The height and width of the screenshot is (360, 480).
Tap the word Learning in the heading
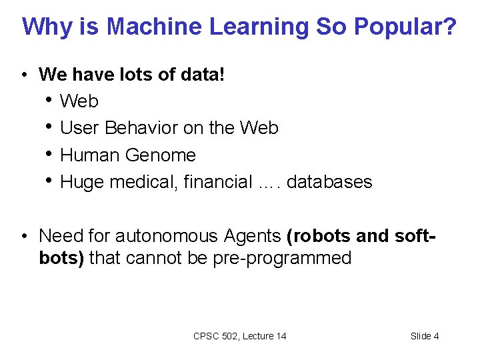tap(259, 27)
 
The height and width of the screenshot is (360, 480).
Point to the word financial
tap(217, 182)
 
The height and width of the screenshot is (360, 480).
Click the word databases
tap(329, 182)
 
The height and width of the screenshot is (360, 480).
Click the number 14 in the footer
tap(280, 336)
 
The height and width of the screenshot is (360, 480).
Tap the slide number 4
tap(436, 336)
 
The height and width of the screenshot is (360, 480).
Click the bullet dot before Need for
tap(23, 236)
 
